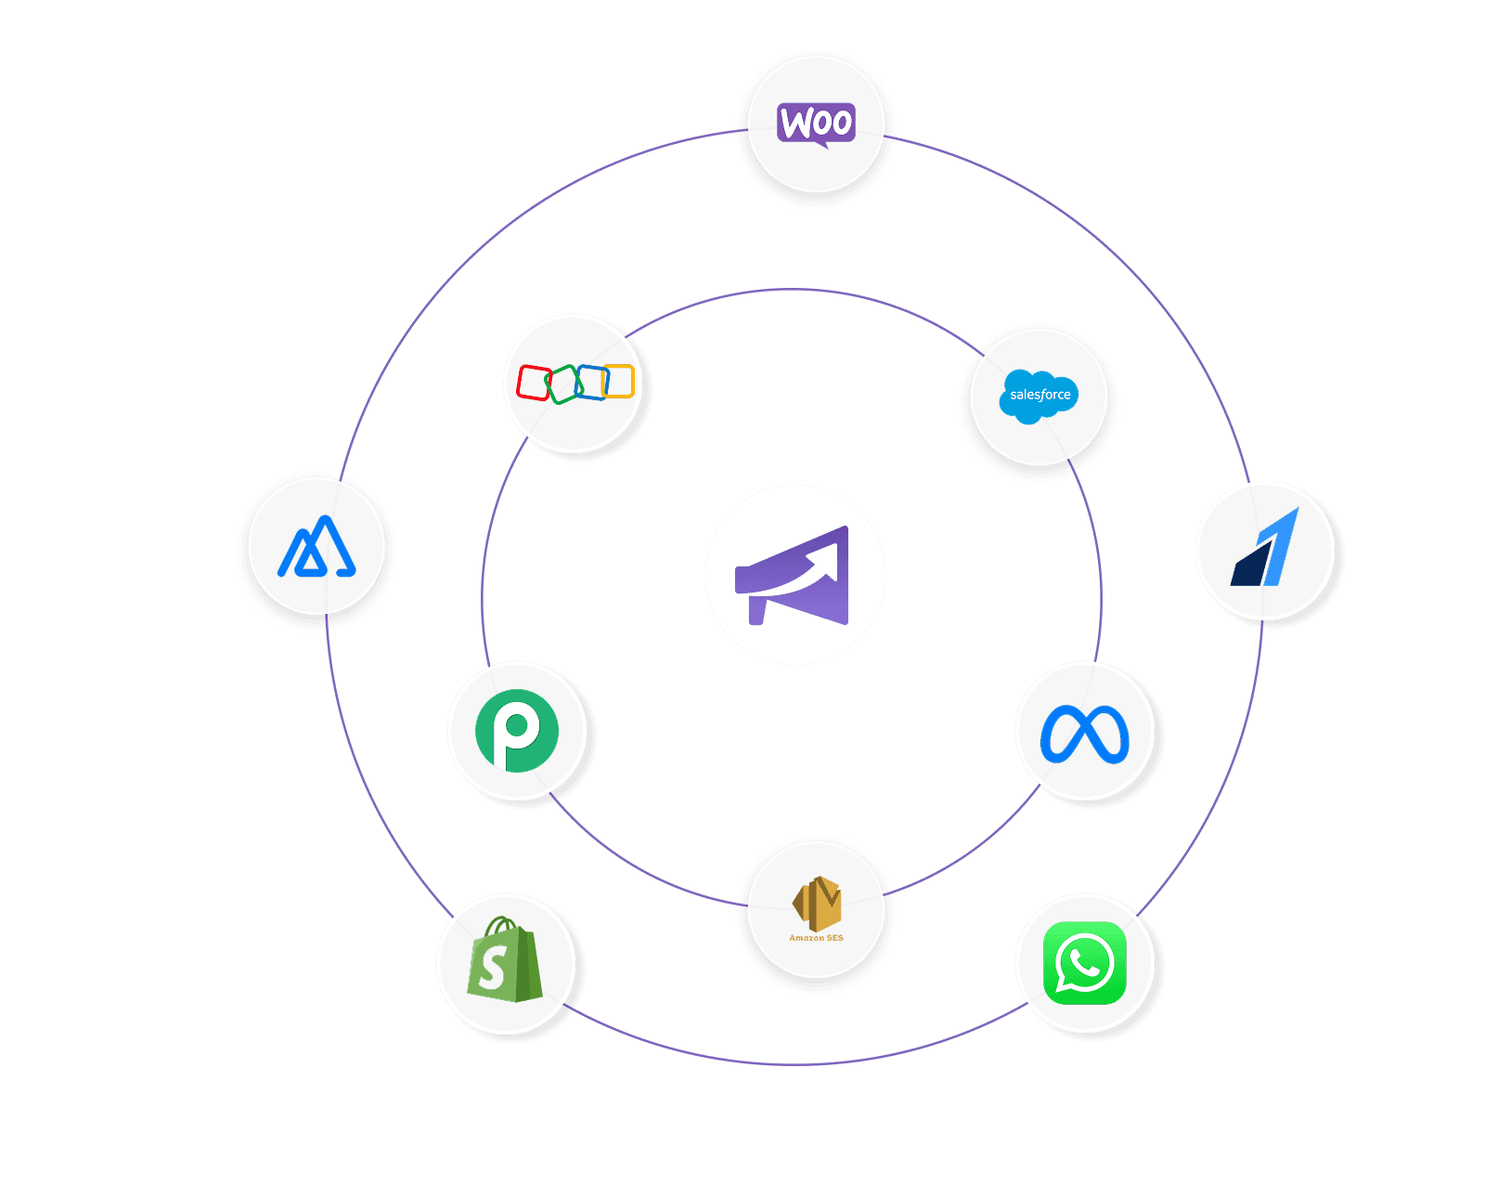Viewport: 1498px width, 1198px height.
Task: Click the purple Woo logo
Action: [816, 124]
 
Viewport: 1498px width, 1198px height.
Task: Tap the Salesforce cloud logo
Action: [1040, 396]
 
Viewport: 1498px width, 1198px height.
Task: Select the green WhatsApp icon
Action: [1084, 963]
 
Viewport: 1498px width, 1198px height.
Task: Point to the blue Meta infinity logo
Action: [1084, 735]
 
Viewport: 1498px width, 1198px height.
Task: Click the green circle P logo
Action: [517, 731]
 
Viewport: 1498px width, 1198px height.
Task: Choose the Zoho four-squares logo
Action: [575, 383]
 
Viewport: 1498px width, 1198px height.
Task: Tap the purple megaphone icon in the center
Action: [794, 575]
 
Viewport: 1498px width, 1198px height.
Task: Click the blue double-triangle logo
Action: [317, 548]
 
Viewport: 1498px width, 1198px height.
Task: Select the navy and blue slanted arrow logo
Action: [1265, 550]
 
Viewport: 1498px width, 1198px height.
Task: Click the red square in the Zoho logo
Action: [534, 383]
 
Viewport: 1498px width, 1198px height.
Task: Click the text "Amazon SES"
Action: [816, 938]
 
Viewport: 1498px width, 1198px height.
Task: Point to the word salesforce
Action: [1040, 395]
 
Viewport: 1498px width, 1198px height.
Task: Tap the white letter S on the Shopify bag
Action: [492, 969]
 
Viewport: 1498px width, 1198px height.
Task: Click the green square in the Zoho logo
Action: [562, 384]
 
